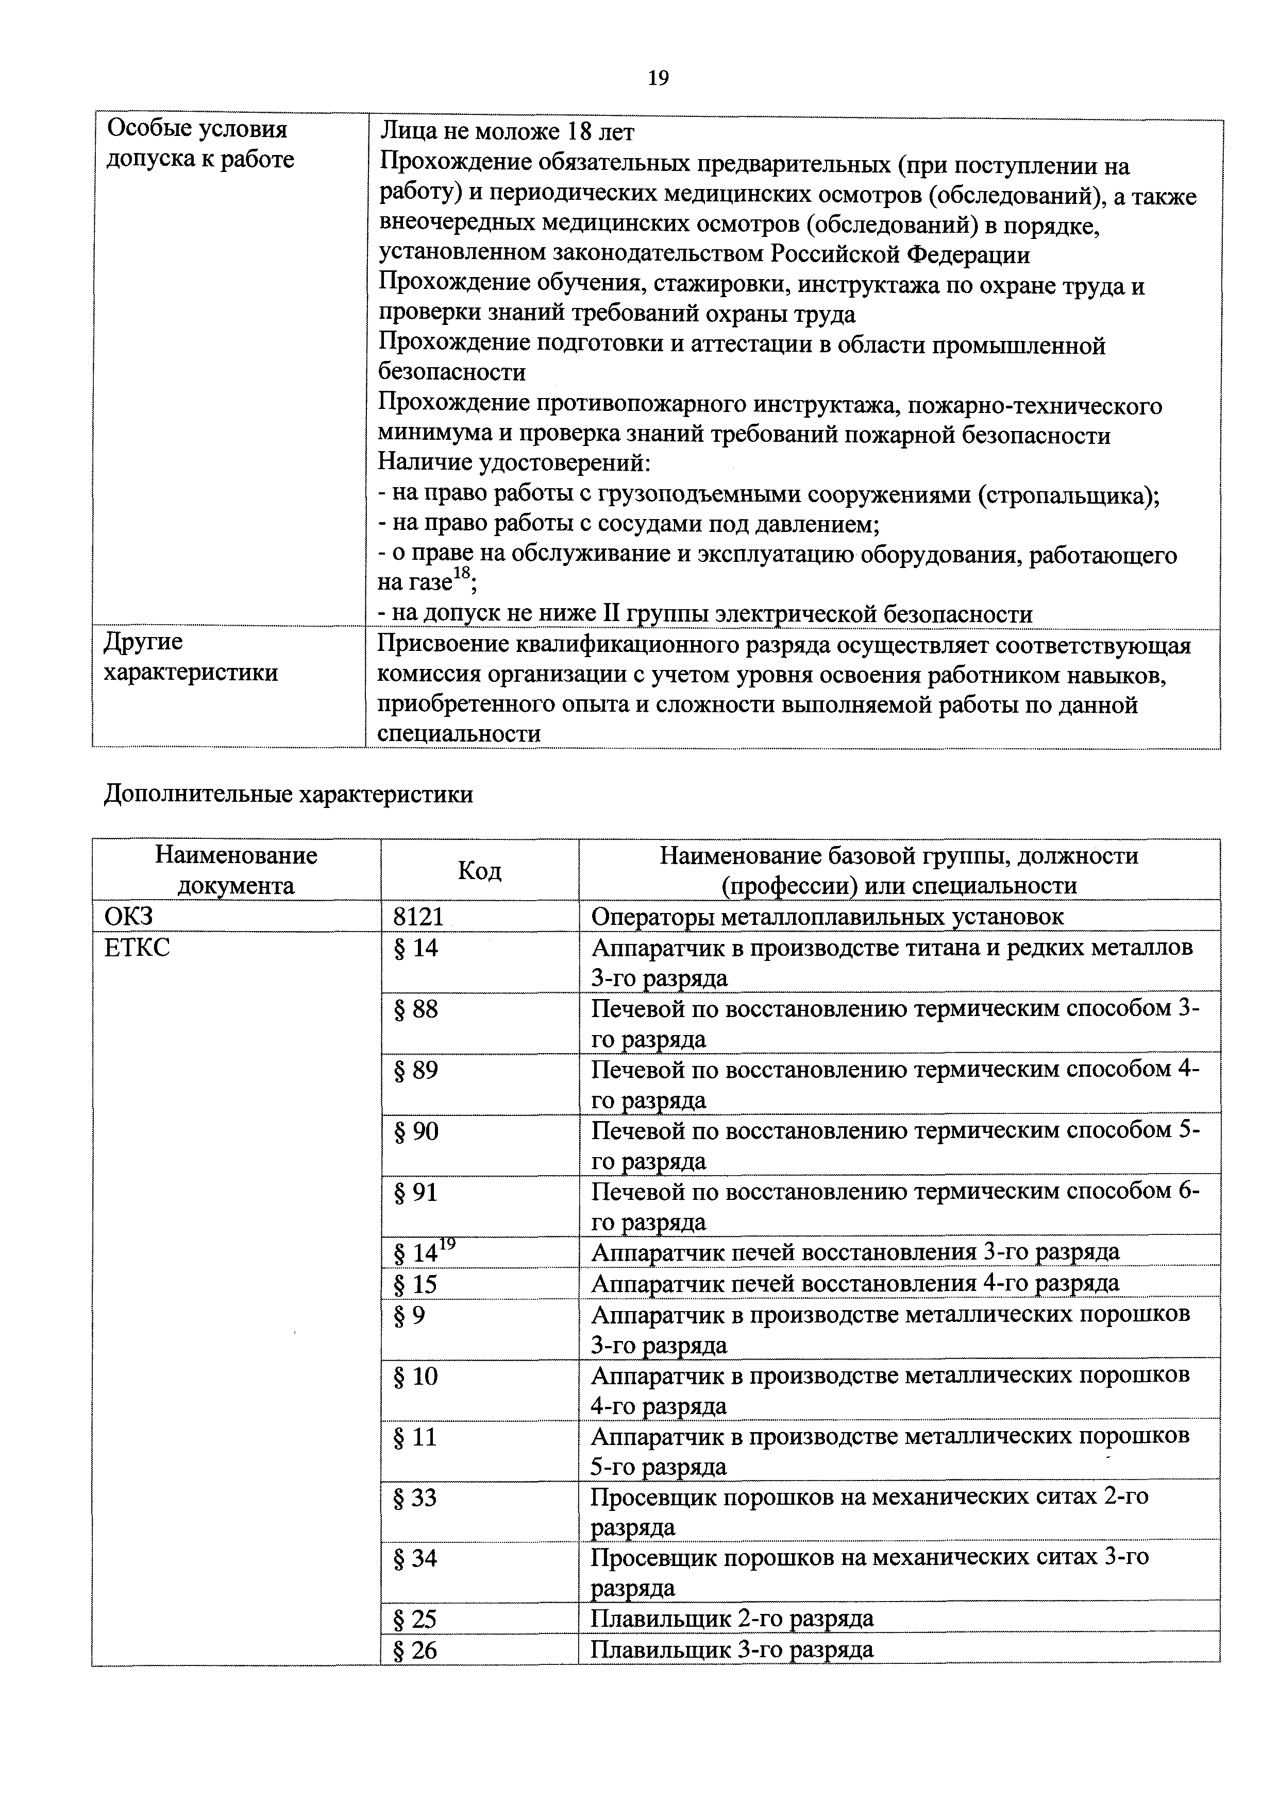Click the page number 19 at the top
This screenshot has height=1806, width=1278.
point(658,78)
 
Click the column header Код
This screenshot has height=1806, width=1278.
point(479,871)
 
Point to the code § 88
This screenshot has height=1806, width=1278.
point(415,1009)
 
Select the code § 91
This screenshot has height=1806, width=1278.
point(415,1193)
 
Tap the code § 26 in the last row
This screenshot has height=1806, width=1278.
point(415,1650)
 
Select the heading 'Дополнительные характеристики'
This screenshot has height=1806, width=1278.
point(288,795)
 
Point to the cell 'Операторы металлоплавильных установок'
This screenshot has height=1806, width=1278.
point(827,917)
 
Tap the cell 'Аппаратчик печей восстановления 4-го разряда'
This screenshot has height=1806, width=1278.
point(854,1284)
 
